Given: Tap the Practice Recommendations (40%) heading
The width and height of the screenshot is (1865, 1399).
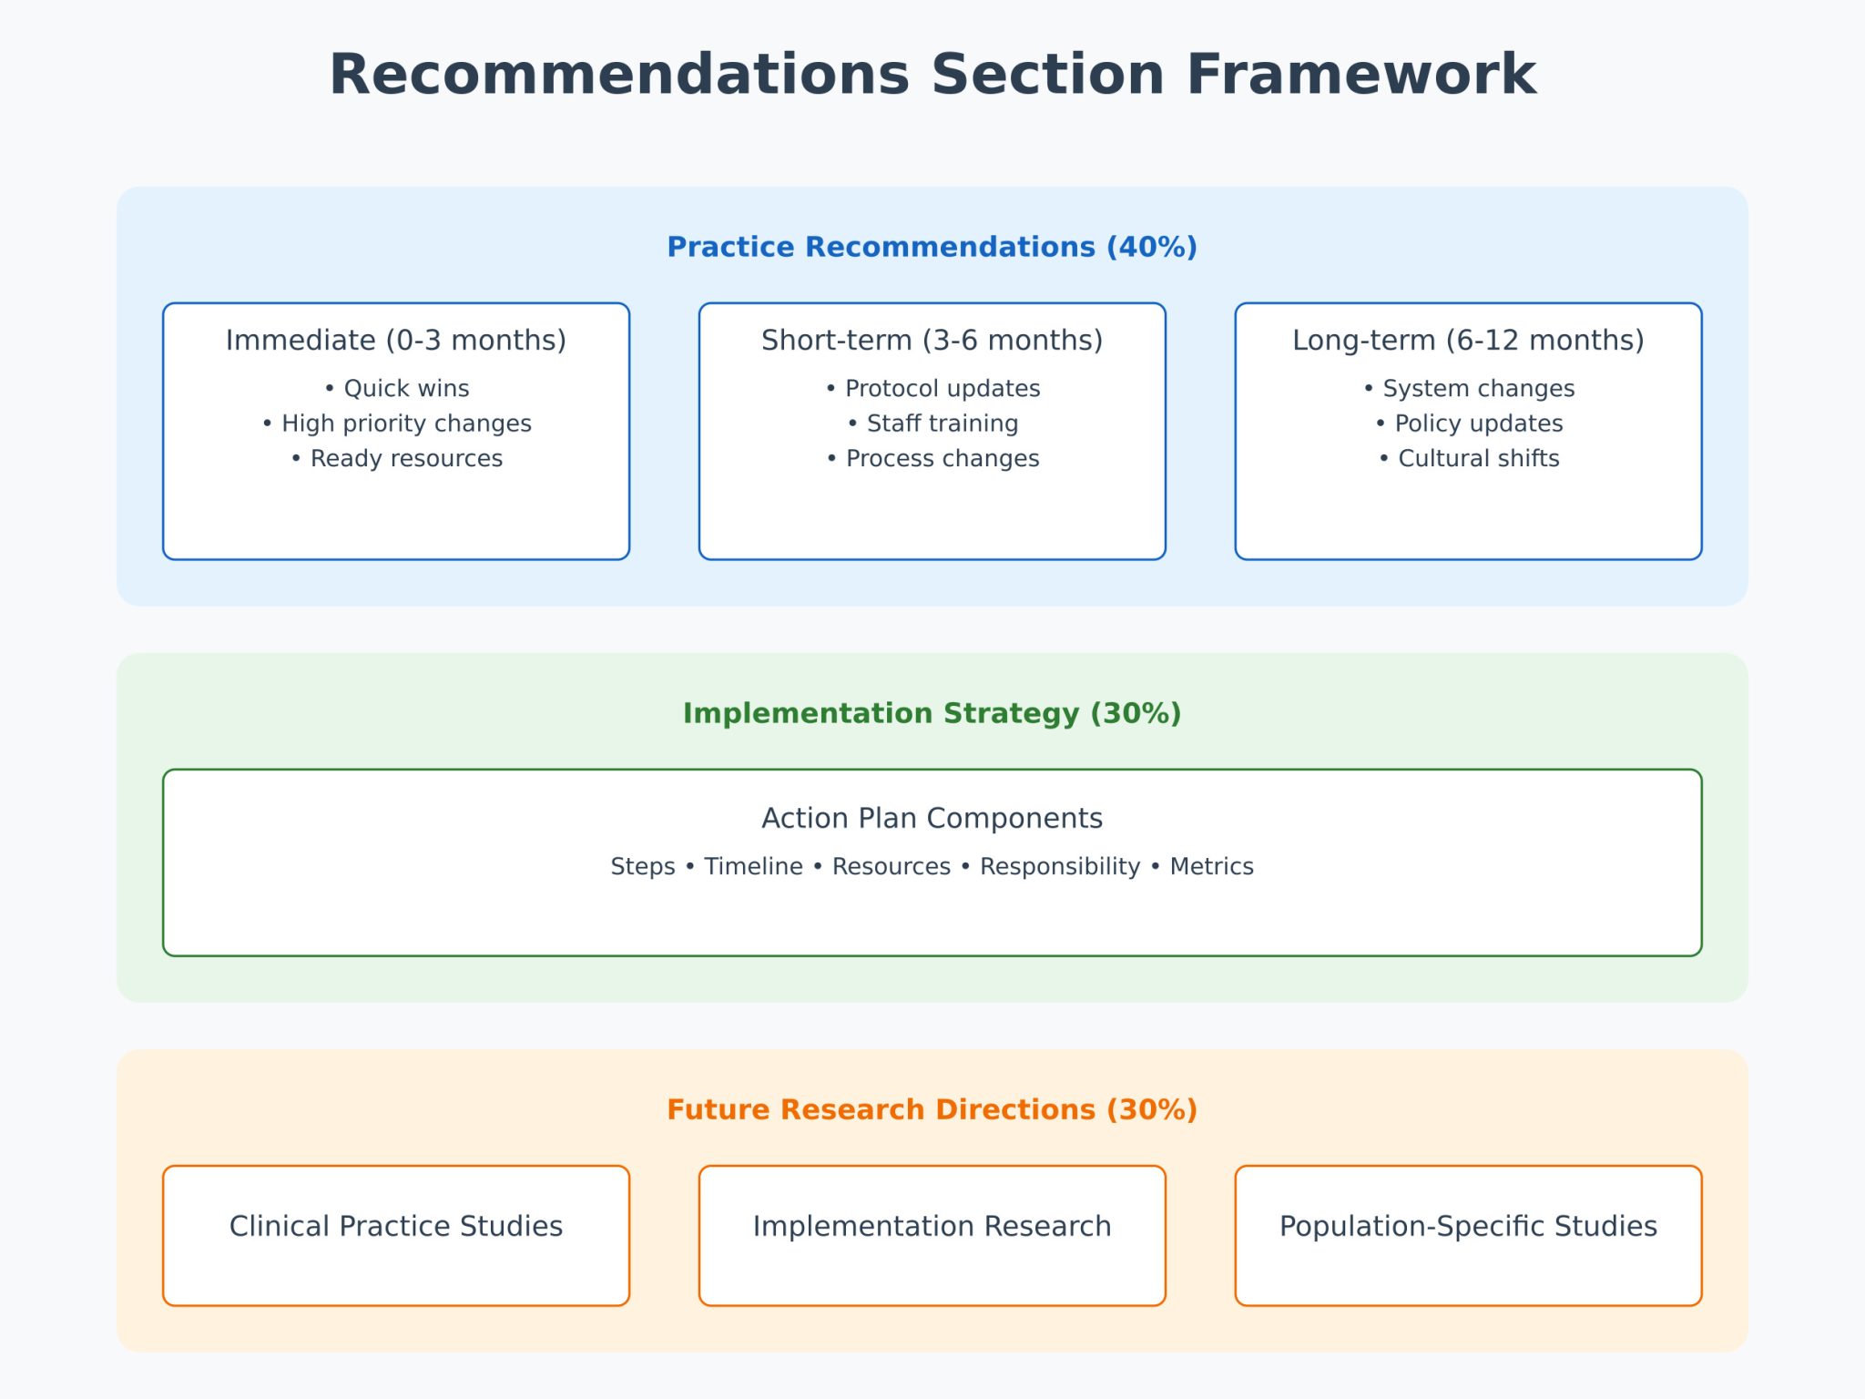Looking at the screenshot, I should tap(932, 247).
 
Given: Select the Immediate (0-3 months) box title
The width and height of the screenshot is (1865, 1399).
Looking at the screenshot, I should tap(395, 340).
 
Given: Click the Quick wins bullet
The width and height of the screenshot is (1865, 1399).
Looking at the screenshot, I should tap(397, 388).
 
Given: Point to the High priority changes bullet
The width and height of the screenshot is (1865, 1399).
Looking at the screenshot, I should tap(397, 424).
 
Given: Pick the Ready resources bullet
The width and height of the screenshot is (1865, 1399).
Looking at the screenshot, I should tap(397, 458).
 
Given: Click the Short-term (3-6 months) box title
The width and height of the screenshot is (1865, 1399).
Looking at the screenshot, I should tap(932, 340).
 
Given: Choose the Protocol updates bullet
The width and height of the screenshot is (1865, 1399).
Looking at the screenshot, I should tap(932, 388).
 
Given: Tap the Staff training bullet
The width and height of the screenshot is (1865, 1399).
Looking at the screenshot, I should tap(932, 424).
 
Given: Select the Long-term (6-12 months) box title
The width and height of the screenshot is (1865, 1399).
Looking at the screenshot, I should tap(1468, 340).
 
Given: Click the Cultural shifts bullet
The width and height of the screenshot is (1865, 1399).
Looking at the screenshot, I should tap(1469, 458).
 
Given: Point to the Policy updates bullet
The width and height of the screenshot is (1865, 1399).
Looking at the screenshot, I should tap(1469, 424).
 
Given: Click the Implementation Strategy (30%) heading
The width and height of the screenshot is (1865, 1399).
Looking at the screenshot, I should tap(932, 713).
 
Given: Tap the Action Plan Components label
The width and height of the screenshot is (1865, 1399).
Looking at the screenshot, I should tap(932, 818).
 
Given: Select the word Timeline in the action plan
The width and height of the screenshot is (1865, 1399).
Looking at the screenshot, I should tap(753, 866).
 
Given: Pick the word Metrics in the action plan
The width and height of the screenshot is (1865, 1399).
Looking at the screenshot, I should tap(1211, 866).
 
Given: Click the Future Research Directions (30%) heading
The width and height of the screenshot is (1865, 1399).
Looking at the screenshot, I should tap(932, 1109).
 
